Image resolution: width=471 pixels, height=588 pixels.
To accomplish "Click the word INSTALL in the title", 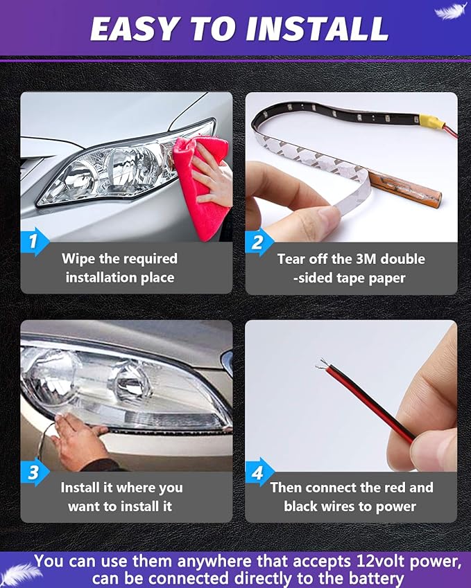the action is coord(316,29).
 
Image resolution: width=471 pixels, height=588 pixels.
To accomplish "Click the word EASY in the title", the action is coord(134,29).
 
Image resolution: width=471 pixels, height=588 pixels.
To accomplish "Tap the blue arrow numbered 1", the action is coord(34,242).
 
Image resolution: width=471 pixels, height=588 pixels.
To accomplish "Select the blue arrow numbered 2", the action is coord(259,242).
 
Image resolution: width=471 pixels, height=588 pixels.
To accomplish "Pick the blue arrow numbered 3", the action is coord(34,472).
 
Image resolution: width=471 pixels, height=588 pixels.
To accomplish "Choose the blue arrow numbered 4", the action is coord(259,472).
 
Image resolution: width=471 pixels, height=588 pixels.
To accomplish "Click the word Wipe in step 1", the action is coord(78,259).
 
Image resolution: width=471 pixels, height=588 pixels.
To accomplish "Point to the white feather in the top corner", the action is coord(450,10).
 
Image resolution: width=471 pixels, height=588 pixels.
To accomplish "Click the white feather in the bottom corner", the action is coord(21,573).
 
